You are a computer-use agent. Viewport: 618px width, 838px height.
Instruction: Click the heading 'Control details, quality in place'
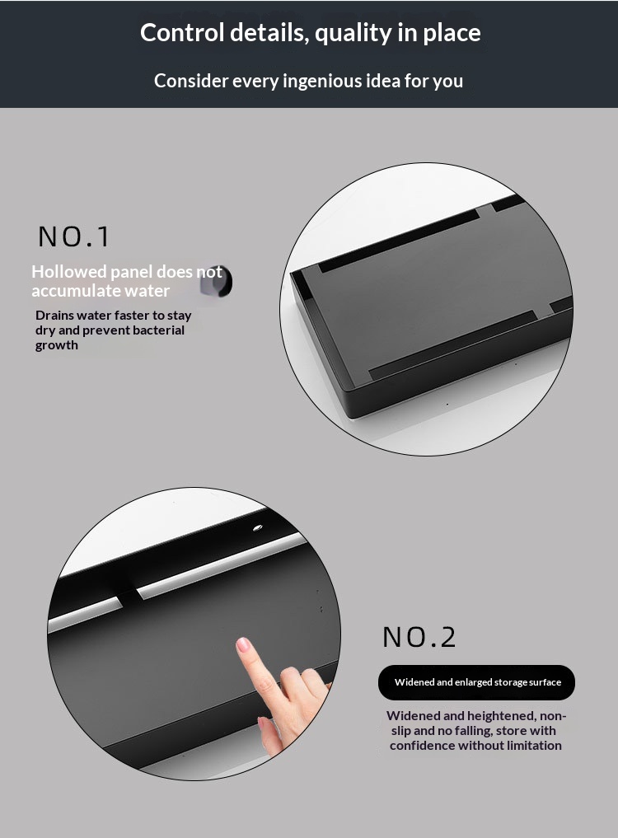point(310,33)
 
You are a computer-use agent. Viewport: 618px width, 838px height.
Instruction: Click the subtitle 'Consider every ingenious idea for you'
point(308,82)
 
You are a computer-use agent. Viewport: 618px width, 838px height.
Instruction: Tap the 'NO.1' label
point(74,236)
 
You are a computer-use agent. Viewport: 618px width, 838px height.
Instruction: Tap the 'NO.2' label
point(419,637)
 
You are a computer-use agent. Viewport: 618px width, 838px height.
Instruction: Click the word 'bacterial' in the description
point(158,330)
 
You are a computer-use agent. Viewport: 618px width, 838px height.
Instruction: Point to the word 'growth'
point(57,345)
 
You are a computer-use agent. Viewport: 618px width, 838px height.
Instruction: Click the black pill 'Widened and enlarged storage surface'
point(476,682)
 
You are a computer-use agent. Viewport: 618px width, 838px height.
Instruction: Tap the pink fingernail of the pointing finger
point(243,644)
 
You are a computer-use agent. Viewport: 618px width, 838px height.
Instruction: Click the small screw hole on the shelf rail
point(258,528)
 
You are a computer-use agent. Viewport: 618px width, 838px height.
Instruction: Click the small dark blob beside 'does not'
point(216,281)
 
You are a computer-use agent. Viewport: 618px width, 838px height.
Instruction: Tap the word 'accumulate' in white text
point(68,291)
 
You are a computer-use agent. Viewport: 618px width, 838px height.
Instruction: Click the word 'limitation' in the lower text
point(534,746)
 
